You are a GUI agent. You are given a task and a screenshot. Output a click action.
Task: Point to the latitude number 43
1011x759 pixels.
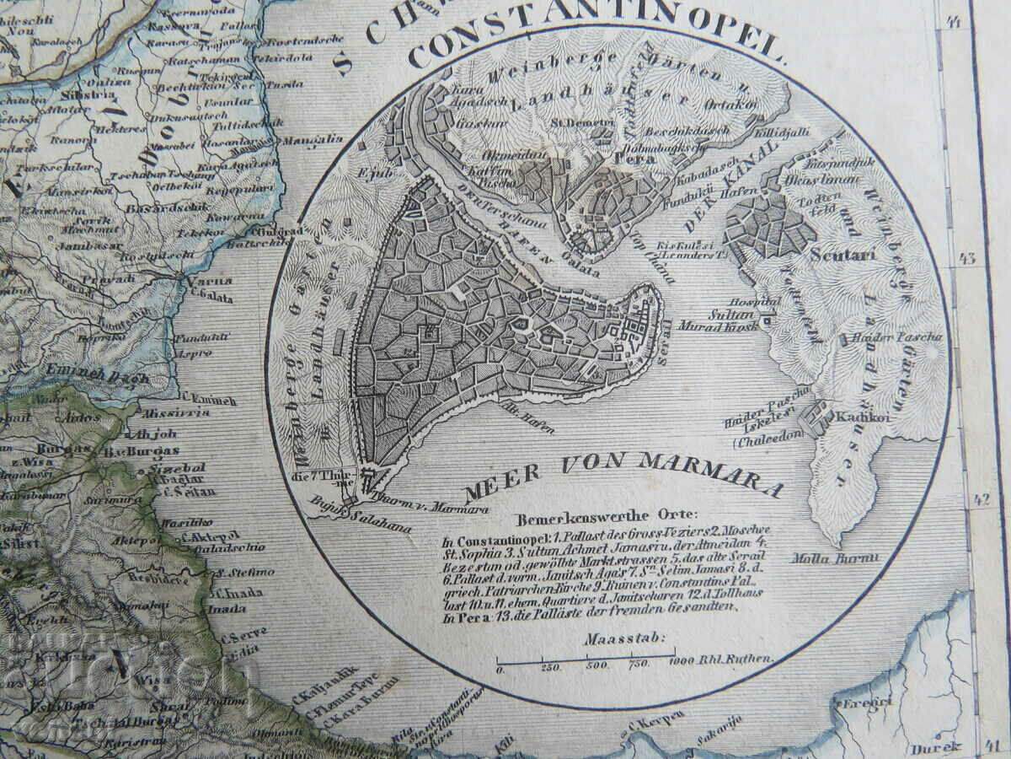pos(967,258)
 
